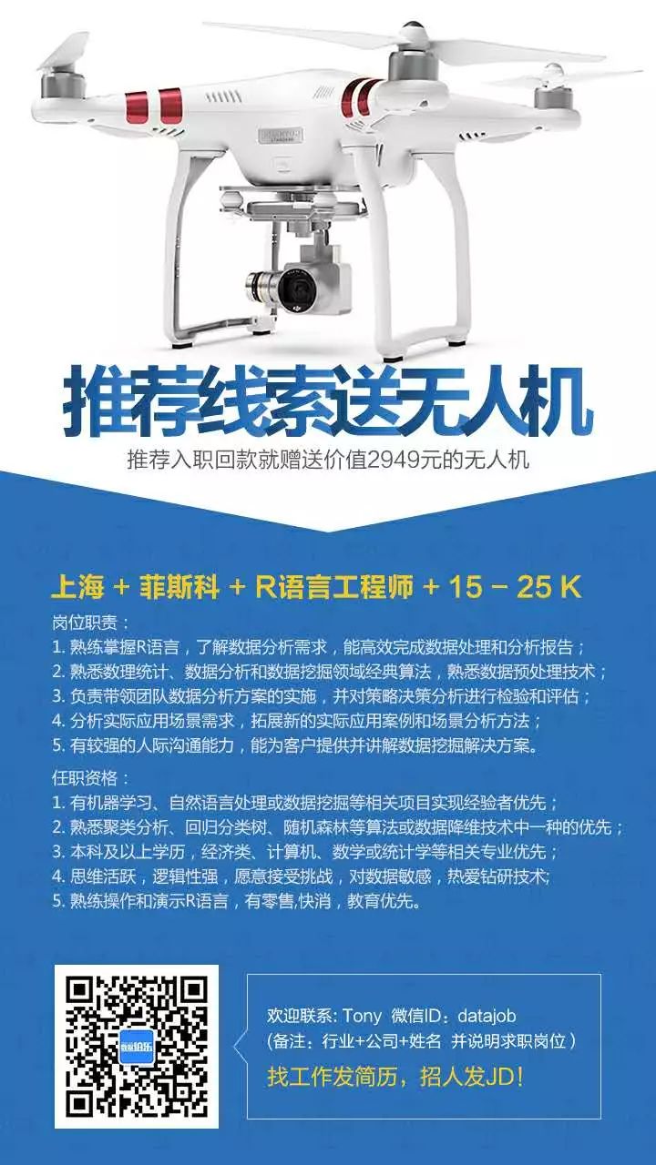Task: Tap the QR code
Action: click(137, 1047)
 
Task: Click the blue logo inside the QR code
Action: click(137, 1047)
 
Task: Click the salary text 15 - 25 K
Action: click(515, 587)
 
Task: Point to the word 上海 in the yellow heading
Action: click(78, 587)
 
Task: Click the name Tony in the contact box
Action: click(362, 1017)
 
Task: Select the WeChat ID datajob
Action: click(487, 1017)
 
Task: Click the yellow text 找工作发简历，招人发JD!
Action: click(395, 1077)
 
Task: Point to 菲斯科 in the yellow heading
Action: click(179, 587)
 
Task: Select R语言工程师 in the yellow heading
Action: click(334, 587)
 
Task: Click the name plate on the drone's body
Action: click(282, 136)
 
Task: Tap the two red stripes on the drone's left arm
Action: click(155, 106)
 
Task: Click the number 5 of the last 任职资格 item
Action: click(57, 901)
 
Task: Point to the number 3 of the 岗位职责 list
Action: click(57, 696)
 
